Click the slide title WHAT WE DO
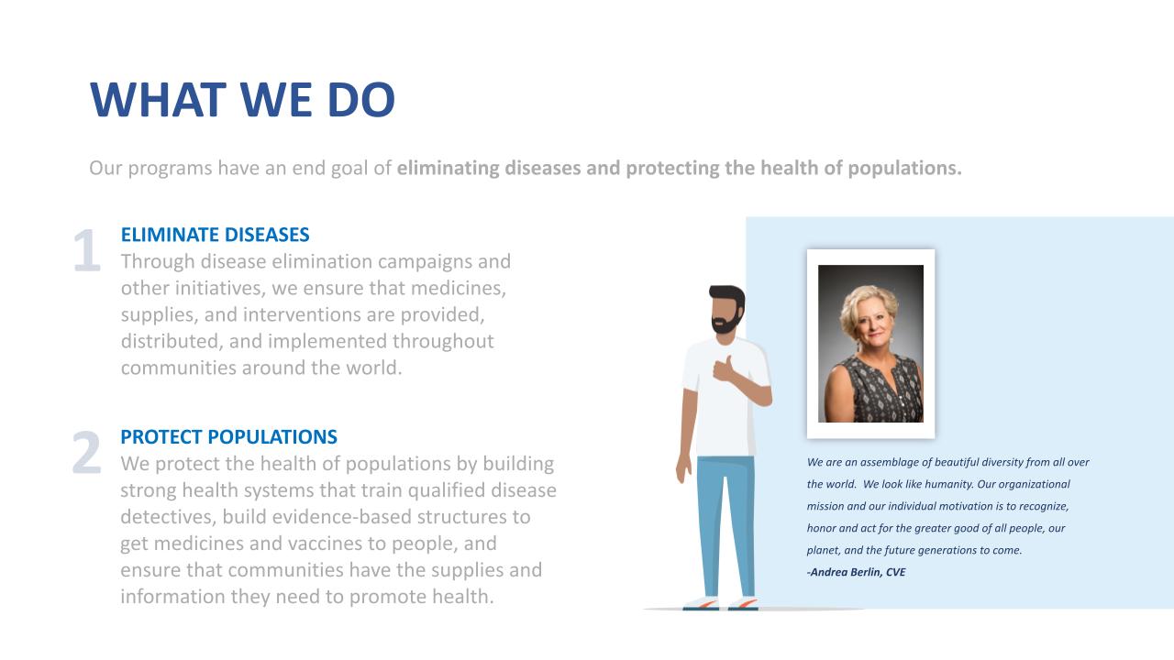pos(242,100)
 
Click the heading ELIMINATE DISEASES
pos(215,235)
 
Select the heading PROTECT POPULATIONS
pos(228,437)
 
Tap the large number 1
pos(87,250)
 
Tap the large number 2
pos(86,453)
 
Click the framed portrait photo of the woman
pos(870,344)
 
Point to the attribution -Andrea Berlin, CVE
pos(857,572)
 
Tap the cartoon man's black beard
pos(726,322)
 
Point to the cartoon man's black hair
pos(727,296)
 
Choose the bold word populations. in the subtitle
pos(904,169)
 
